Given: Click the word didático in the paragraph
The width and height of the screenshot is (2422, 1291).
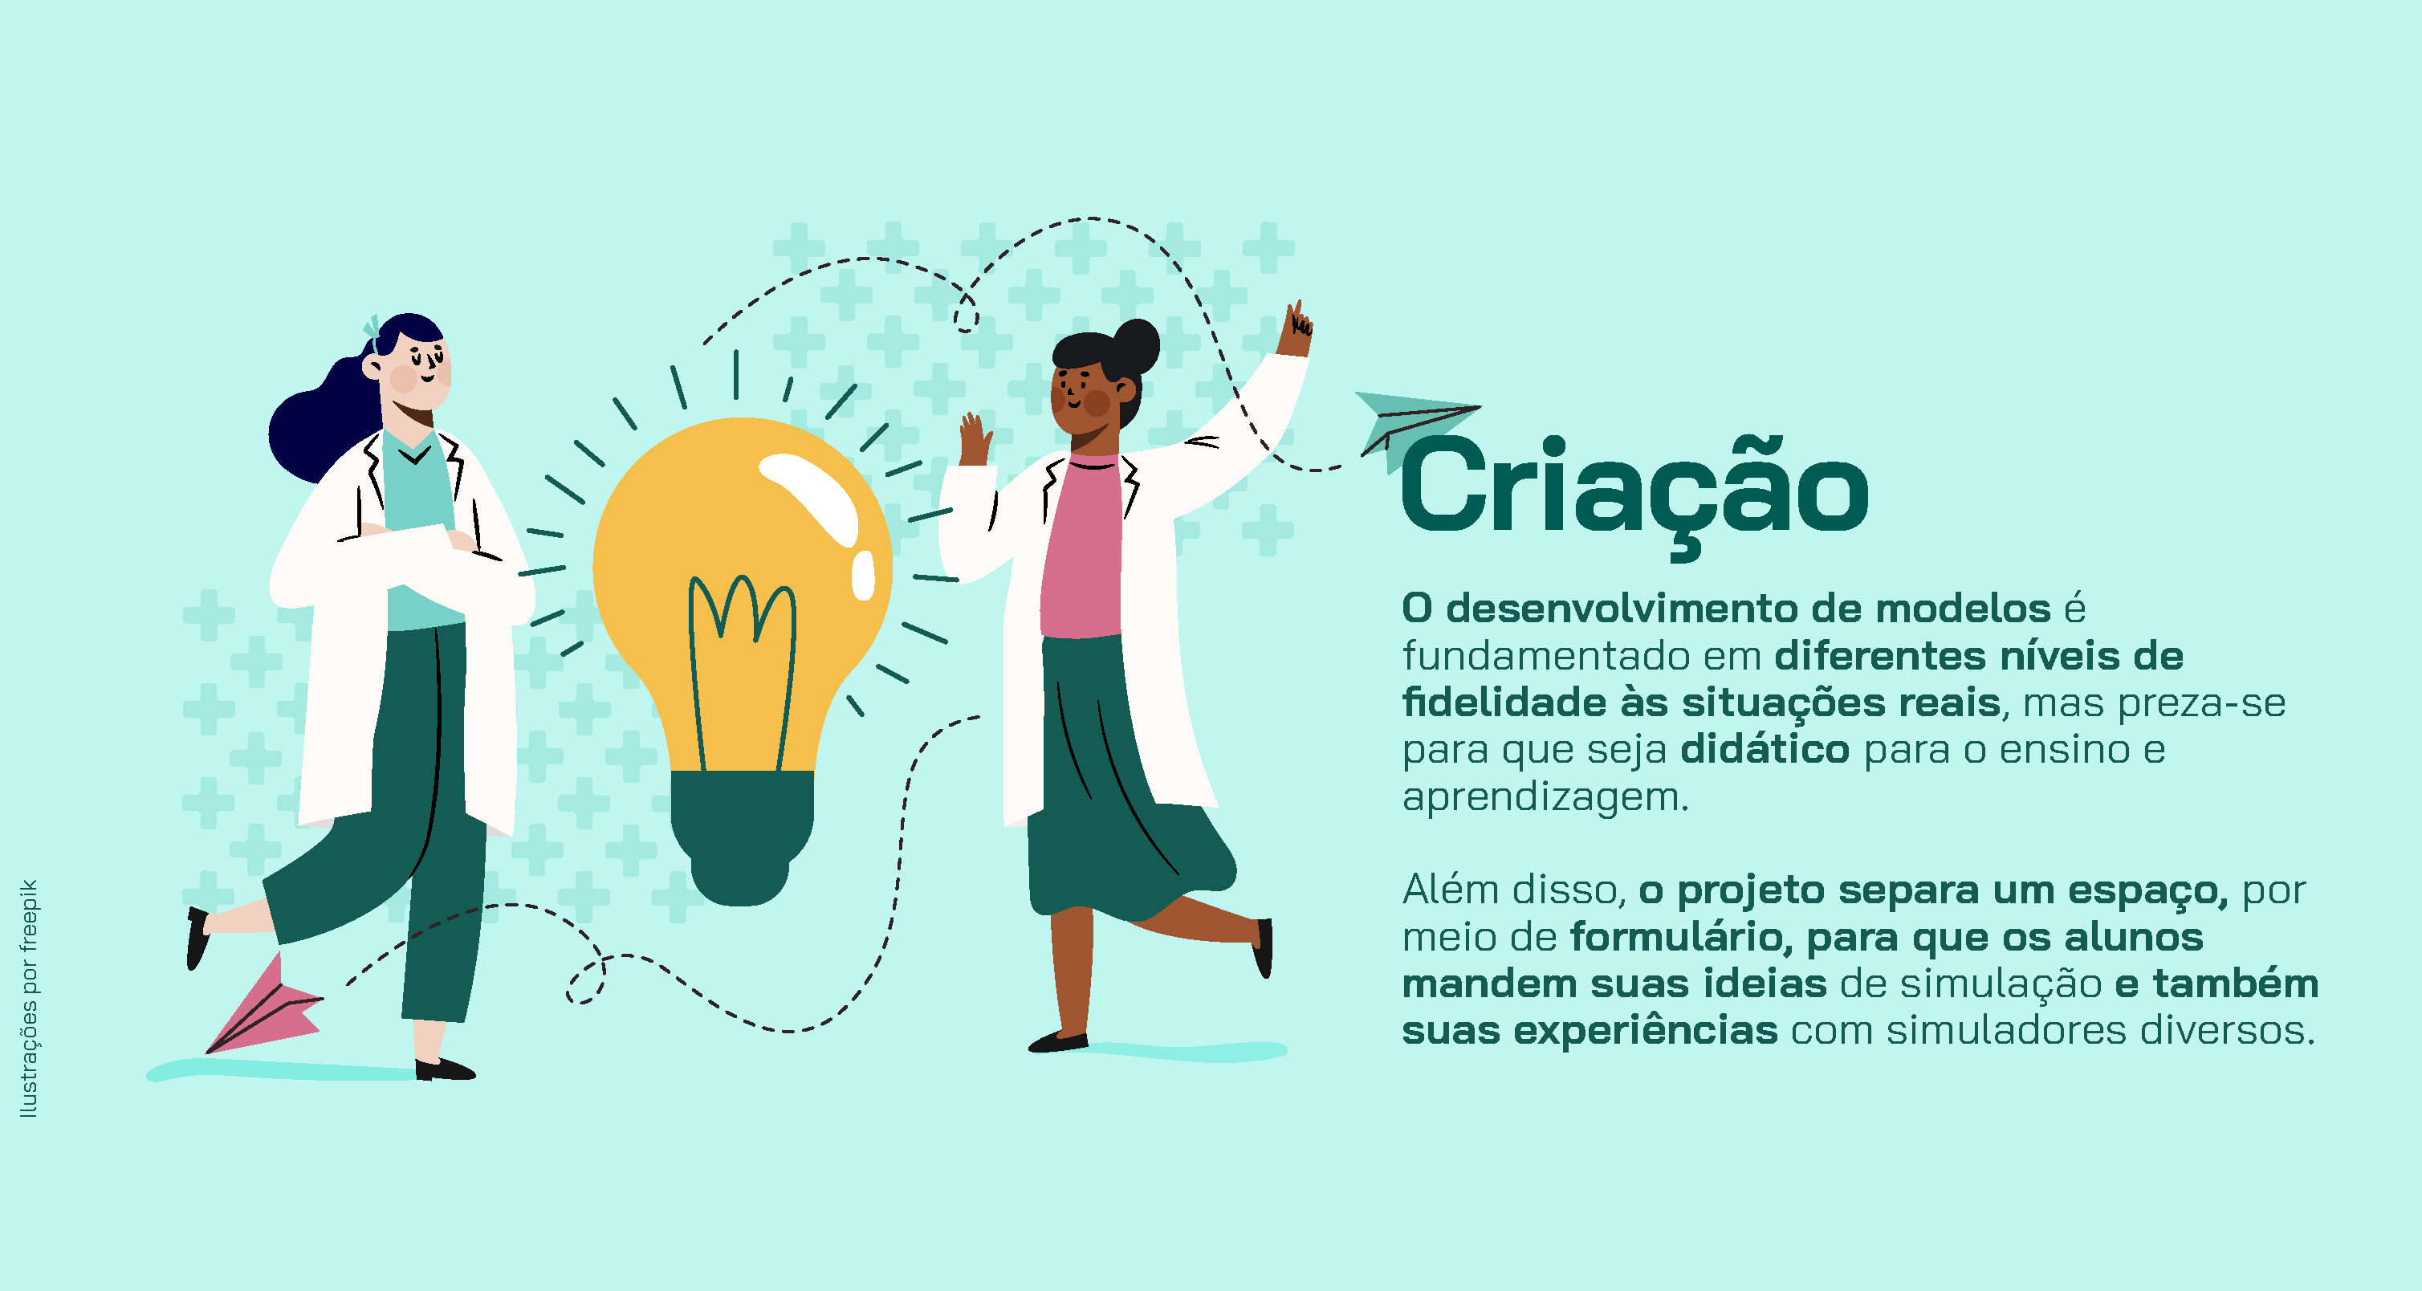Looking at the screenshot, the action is (x=1765, y=749).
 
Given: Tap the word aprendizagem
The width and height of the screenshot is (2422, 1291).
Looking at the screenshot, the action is (x=1545, y=797).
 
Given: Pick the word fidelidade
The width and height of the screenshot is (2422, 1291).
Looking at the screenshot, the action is (x=1503, y=703).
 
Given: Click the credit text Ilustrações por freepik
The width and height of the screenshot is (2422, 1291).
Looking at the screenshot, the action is (x=29, y=999).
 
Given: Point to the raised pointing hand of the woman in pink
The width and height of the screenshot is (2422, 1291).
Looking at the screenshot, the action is (x=1295, y=329).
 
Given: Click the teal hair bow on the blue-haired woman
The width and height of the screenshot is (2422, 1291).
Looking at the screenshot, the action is (x=372, y=329).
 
